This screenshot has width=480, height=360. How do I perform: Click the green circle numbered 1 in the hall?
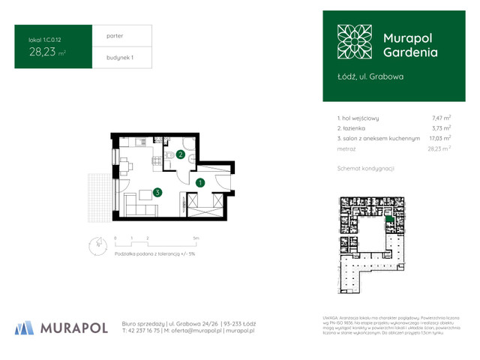[200, 182]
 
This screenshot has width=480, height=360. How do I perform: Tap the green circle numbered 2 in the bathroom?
[181, 155]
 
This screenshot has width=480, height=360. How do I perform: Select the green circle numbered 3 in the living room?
[157, 192]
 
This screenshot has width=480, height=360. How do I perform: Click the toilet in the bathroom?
[172, 155]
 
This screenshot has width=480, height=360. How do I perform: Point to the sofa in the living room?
[129, 202]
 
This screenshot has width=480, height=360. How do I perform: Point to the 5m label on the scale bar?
[194, 237]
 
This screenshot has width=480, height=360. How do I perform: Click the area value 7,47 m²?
[440, 118]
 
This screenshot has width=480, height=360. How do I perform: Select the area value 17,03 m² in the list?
[439, 139]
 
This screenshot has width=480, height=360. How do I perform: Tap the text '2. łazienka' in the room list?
[357, 128]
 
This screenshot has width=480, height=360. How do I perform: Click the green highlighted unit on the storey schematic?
[388, 220]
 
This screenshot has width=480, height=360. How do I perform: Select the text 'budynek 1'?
[109, 58]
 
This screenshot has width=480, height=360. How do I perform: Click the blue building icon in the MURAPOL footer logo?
[25, 327]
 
